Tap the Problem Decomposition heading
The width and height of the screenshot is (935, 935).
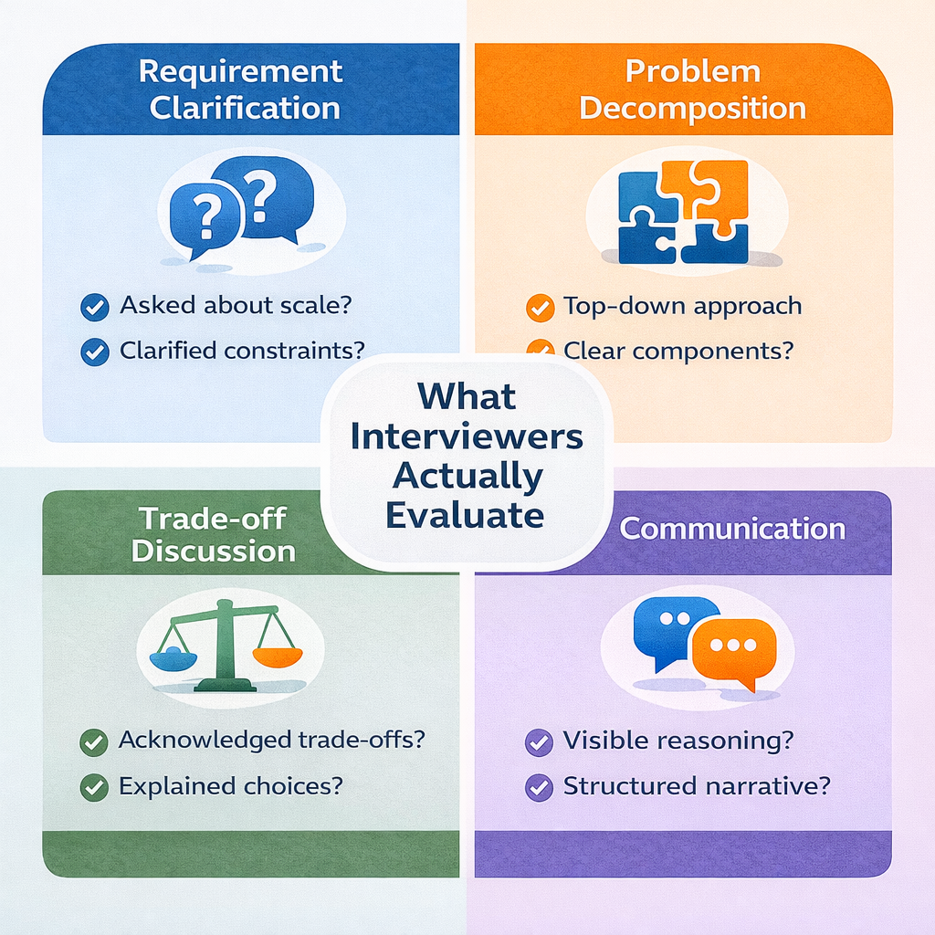[692, 89]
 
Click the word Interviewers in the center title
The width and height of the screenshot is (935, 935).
[467, 436]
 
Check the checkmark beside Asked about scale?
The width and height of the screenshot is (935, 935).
[94, 307]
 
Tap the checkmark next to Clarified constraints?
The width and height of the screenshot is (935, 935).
[94, 352]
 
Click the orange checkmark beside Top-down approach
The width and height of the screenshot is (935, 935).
[540, 307]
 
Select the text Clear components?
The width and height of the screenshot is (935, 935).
[678, 351]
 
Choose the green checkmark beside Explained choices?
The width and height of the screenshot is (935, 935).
[94, 787]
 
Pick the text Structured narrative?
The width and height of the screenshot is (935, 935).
[697, 786]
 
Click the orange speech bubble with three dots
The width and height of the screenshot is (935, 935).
[732, 649]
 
